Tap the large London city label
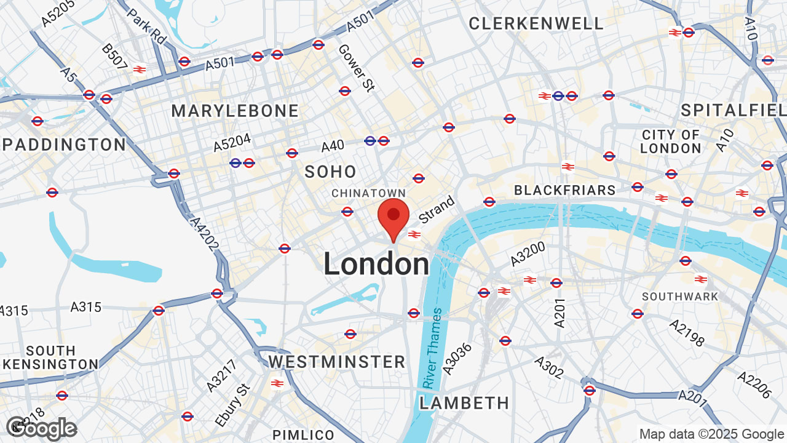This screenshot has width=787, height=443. (376, 265)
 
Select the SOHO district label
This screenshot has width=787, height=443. (330, 172)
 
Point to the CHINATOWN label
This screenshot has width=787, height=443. (369, 193)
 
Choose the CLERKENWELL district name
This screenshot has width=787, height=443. (536, 24)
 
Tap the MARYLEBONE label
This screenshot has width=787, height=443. (235, 111)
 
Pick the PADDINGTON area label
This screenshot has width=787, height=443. (65, 145)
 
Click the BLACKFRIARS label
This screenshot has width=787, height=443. (564, 190)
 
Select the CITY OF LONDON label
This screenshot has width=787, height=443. (670, 142)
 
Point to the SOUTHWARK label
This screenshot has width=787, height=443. (680, 297)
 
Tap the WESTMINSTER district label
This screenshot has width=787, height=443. (337, 361)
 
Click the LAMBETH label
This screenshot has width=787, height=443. (464, 403)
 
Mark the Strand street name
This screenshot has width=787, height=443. (437, 210)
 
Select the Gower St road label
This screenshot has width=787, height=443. (355, 68)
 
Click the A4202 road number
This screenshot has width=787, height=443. (204, 234)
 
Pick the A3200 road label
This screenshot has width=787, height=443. (528, 253)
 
